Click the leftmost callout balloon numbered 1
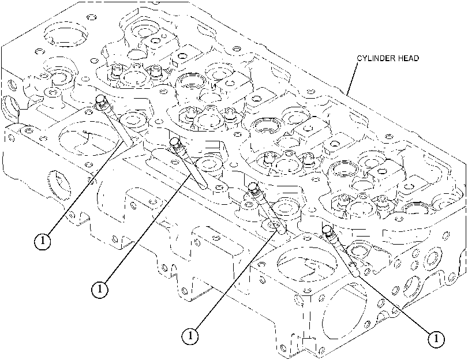pos(42,242)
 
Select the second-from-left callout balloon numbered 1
pos(99,289)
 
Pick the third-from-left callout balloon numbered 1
pos(190,336)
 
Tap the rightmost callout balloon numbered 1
pos(436,339)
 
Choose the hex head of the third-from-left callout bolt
pos(254,187)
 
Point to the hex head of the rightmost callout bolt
pos(327,229)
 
